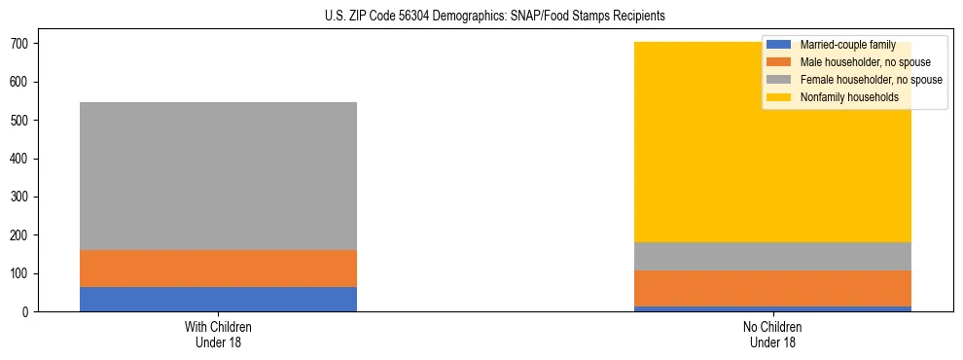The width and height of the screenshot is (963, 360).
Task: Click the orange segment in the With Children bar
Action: (218, 269)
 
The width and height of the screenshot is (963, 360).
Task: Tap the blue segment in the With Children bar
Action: (218, 299)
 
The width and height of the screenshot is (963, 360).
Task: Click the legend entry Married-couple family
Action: (847, 45)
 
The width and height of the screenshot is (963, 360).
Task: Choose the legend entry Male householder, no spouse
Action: (865, 62)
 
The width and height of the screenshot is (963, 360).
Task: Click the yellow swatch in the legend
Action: (779, 97)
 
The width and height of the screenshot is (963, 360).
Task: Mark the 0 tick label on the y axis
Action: (31, 312)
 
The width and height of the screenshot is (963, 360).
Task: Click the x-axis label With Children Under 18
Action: (218, 334)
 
